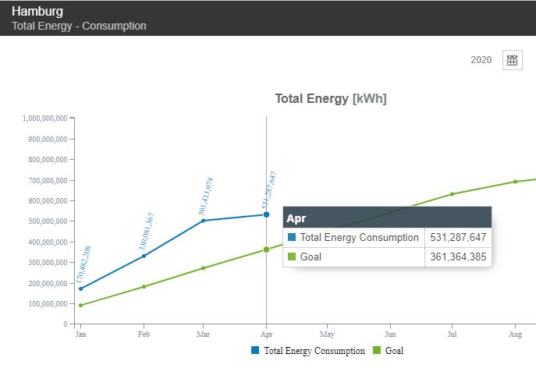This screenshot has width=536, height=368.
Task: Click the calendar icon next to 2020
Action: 512,60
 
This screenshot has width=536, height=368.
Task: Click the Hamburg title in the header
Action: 37,12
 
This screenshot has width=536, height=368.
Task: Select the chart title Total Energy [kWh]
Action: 331,99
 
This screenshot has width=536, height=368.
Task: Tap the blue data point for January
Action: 80,288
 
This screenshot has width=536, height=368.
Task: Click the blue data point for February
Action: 143,256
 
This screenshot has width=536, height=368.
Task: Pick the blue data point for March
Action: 204,221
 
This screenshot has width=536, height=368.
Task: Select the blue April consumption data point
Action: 266,214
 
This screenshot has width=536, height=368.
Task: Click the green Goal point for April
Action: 266,249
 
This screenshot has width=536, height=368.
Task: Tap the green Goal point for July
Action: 452,194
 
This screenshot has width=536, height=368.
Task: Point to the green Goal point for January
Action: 80,305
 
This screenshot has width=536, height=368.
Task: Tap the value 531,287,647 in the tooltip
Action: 459,237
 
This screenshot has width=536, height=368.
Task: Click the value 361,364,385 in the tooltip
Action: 459,257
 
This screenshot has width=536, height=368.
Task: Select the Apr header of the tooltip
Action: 297,218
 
